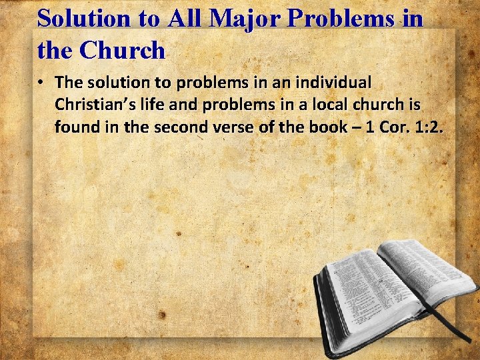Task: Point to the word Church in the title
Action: coord(125,49)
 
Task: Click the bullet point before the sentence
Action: coord(41,83)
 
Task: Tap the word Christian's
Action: coord(93,105)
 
